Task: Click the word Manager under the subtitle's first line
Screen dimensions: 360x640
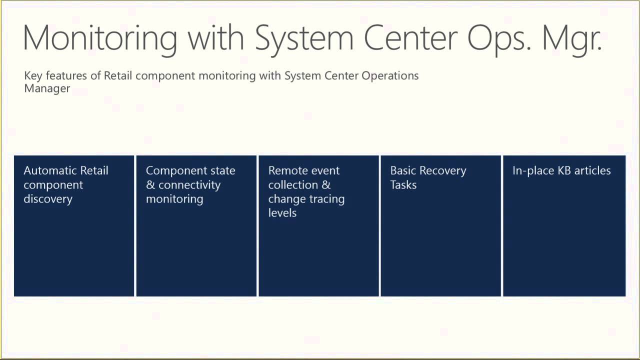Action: click(47, 88)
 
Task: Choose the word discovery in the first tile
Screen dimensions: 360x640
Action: click(48, 199)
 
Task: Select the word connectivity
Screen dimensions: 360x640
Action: click(189, 185)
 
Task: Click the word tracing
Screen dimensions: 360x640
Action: click(326, 199)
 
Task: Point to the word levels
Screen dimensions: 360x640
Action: click(282, 213)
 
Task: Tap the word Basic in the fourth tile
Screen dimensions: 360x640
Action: click(403, 170)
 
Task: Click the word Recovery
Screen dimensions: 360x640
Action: click(442, 171)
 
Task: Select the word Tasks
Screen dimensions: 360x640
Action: click(403, 185)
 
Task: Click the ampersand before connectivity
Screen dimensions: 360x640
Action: click(150, 185)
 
